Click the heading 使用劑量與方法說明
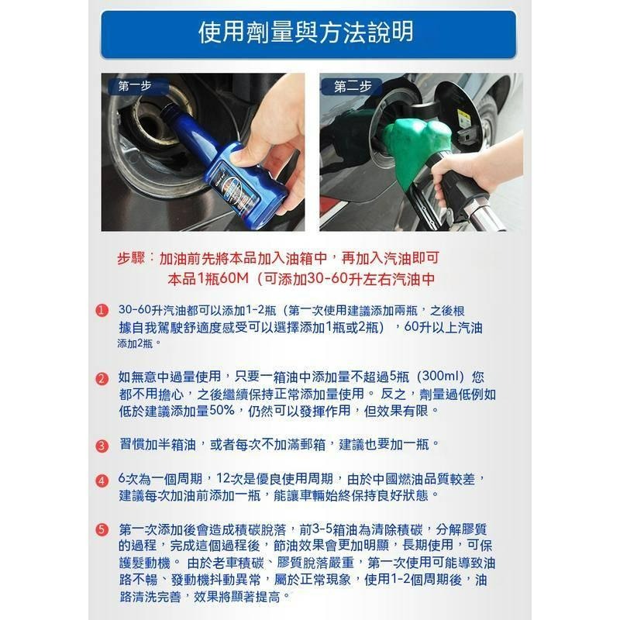pos(309,33)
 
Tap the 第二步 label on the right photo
pos(352,87)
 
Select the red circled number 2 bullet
pos(102,379)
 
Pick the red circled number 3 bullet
pos(102,446)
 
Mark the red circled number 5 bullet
pos(102,530)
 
